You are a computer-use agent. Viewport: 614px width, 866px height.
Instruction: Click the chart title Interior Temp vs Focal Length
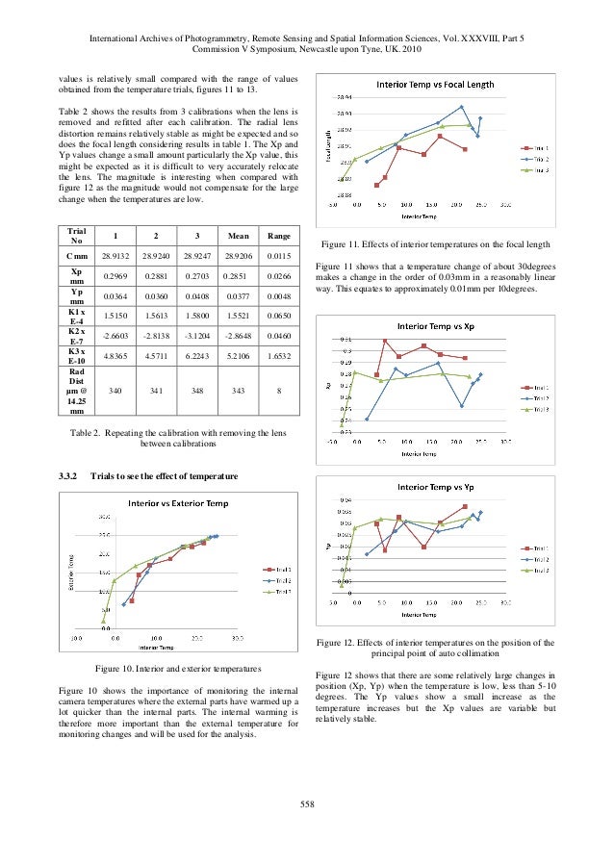[x=435, y=85]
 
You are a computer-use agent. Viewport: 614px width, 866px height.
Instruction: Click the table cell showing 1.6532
[x=278, y=355]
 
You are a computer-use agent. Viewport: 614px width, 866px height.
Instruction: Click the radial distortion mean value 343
[x=230, y=392]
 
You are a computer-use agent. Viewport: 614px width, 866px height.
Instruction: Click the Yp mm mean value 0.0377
[x=230, y=297]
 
